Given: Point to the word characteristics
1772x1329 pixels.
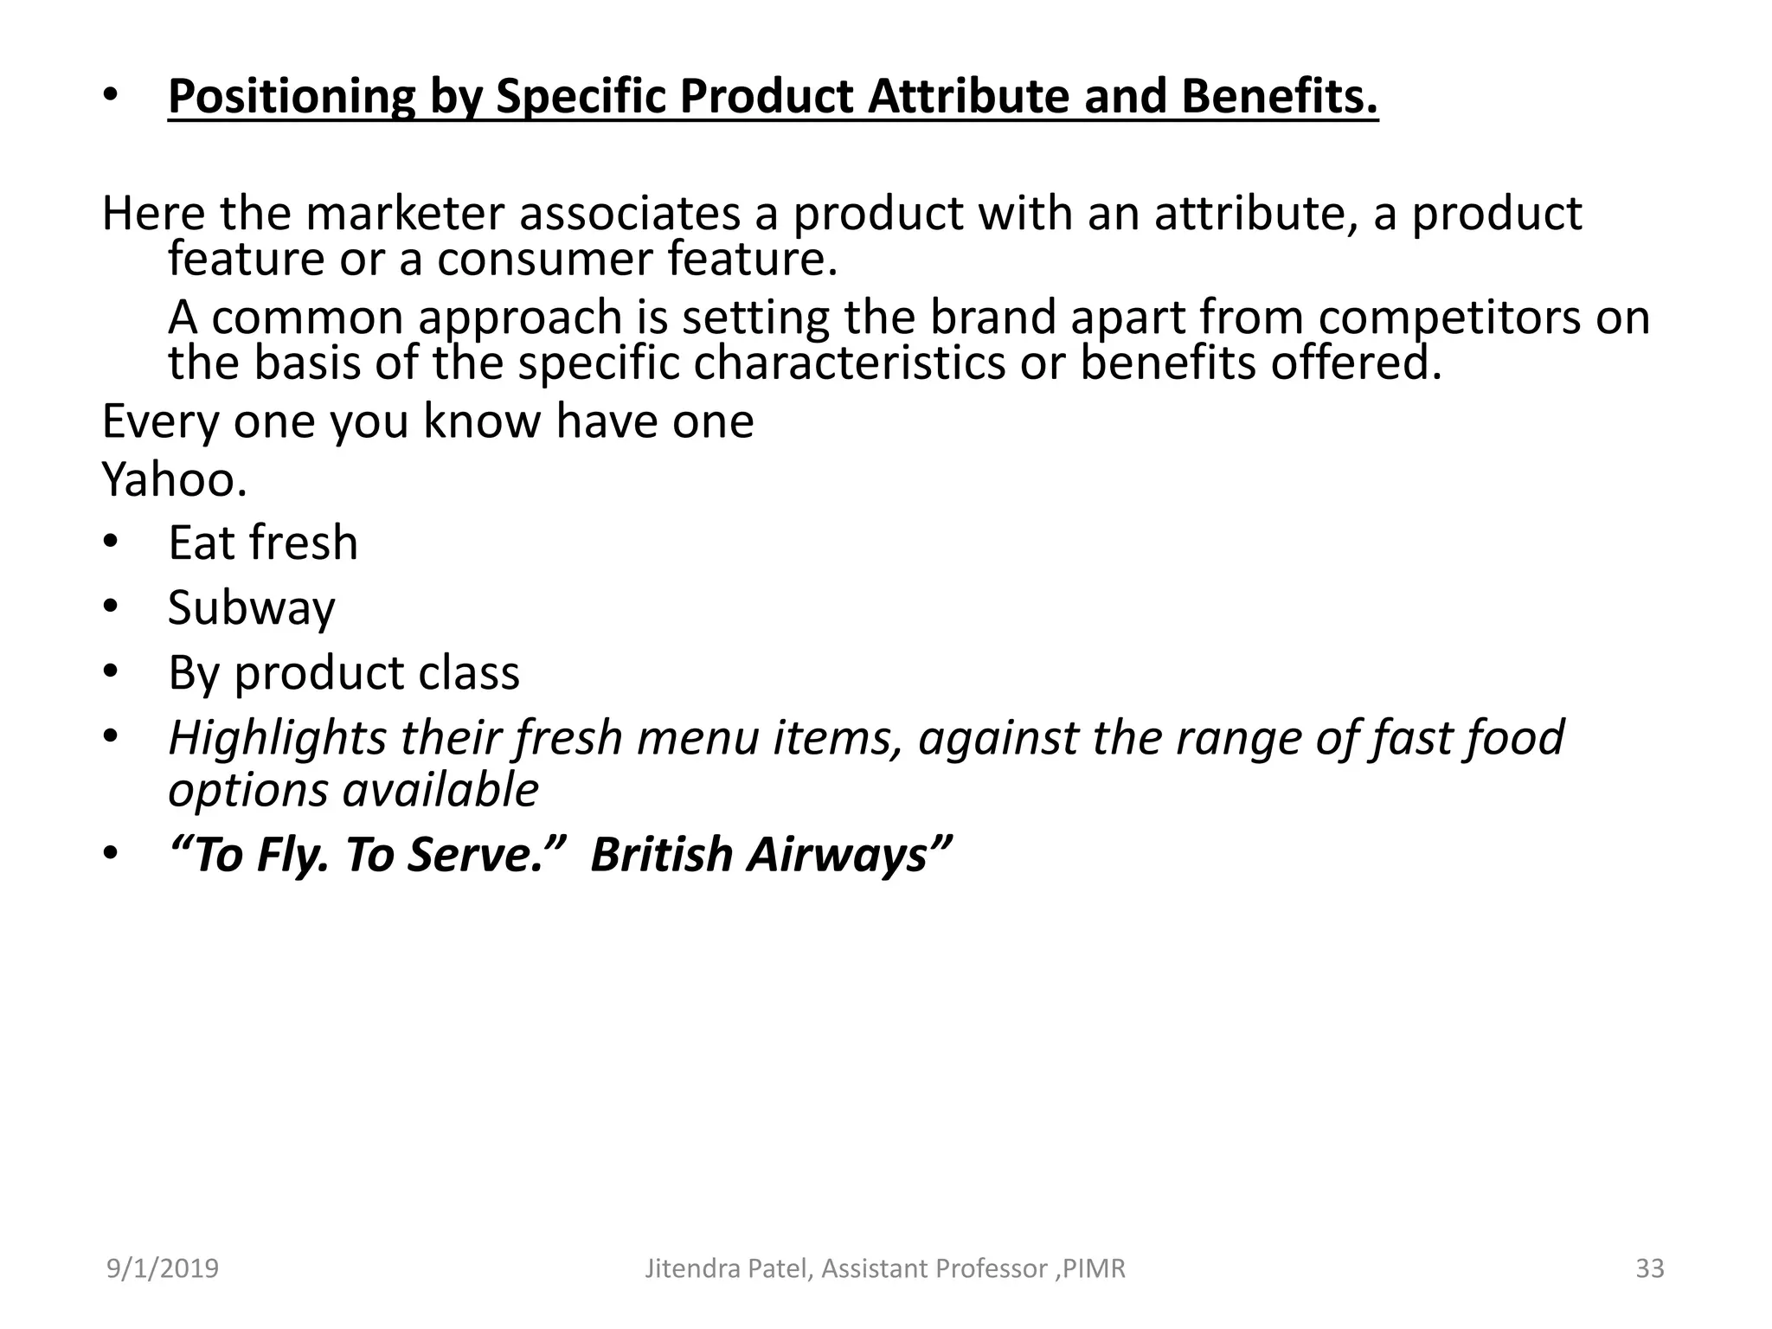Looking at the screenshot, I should point(850,363).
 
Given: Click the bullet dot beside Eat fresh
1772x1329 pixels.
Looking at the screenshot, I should point(110,543).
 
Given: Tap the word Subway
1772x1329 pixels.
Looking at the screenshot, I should point(251,607).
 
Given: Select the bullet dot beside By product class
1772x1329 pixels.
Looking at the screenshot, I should point(110,672).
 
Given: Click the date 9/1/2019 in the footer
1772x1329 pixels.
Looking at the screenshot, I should point(163,1268).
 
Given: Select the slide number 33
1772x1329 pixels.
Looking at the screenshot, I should point(1650,1268).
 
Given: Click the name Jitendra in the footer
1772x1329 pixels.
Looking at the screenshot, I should point(686,1268).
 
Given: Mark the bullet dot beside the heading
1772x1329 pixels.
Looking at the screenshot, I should point(110,96).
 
